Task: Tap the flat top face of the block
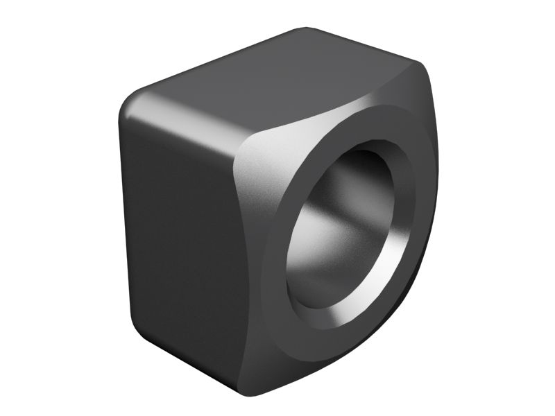277,80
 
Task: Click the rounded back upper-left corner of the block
132,104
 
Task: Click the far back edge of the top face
361,42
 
